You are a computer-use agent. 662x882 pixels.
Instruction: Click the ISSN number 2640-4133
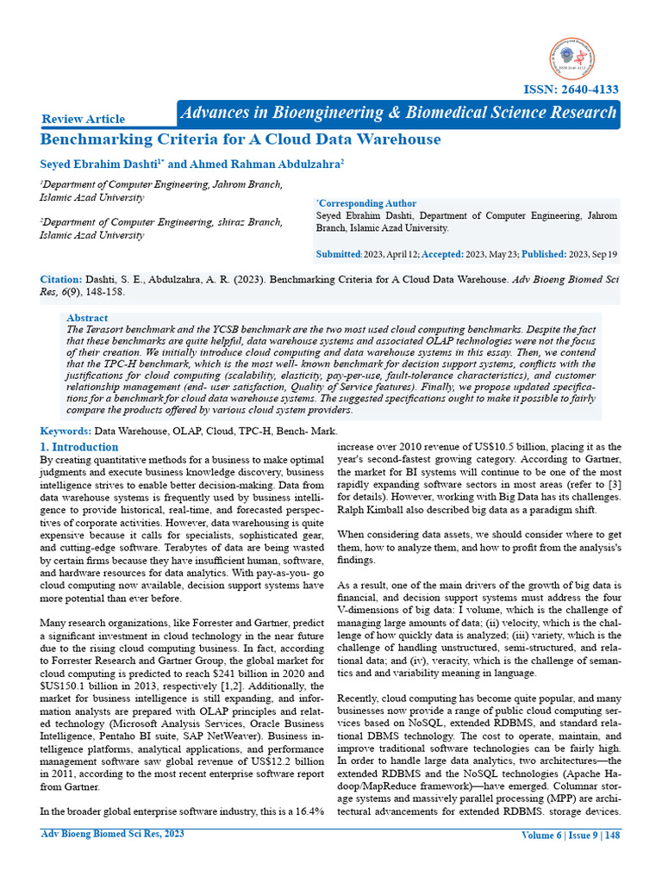pos(571,90)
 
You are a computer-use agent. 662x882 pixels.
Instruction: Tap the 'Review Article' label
pos(84,119)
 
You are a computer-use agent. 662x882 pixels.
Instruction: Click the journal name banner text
pos(397,113)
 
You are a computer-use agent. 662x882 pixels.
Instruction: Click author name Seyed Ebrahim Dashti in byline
pos(99,164)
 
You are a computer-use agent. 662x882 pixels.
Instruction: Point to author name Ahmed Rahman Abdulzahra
pos(262,164)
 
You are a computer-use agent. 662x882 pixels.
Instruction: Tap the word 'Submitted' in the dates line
pos(339,254)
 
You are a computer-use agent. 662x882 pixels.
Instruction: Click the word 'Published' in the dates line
pos(540,254)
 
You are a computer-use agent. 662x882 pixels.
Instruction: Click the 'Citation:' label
pos(61,280)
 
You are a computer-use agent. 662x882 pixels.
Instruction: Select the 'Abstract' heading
pos(87,318)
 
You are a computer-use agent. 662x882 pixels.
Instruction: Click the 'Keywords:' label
pos(66,431)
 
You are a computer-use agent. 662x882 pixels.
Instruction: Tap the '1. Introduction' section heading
pos(79,447)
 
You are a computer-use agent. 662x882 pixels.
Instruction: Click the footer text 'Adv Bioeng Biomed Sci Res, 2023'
pos(112,834)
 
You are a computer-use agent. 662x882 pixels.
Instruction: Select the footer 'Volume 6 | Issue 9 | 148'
pos(570,835)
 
